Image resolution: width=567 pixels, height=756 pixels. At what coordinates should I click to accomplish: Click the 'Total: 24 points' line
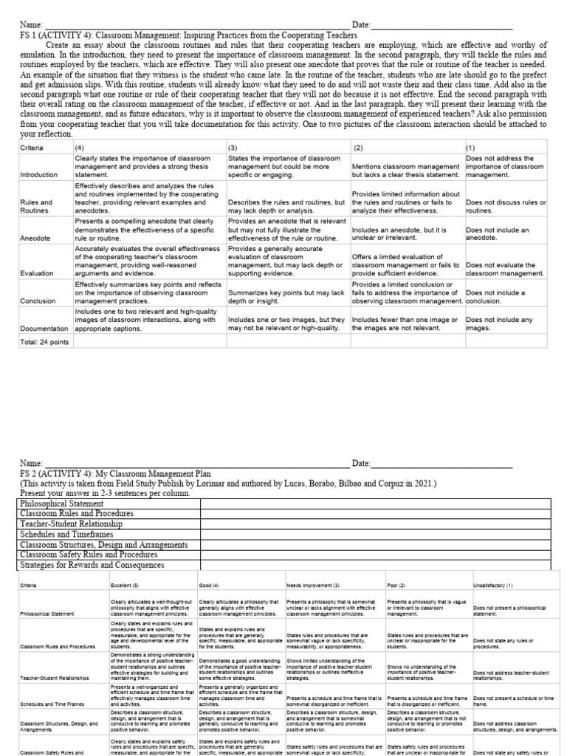(x=44, y=343)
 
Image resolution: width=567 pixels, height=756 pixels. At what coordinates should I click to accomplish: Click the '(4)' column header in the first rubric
(x=80, y=148)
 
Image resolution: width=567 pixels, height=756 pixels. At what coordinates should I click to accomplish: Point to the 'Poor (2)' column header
(x=398, y=585)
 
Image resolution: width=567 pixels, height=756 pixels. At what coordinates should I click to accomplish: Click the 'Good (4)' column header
(x=210, y=585)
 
